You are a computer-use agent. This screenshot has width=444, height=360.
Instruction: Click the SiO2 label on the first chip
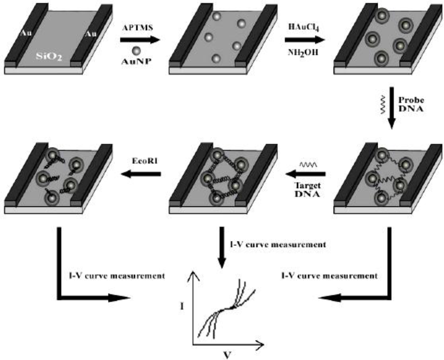point(49,57)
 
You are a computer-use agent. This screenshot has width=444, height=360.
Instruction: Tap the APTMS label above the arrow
point(138,28)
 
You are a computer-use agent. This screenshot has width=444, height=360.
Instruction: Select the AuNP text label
point(136,62)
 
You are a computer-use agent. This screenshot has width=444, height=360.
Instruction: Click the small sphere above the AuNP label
point(136,51)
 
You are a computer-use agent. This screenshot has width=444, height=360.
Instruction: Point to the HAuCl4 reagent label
point(304,27)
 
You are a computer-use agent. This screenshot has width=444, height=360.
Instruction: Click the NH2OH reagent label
point(303,53)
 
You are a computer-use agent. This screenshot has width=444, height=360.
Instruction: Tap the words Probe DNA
point(411,104)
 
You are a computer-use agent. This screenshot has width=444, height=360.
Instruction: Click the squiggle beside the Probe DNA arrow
point(383,105)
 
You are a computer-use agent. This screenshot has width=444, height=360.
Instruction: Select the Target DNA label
point(308,190)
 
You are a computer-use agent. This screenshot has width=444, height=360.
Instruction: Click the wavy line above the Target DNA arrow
point(308,165)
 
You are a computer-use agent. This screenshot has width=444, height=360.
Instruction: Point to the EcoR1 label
point(145,161)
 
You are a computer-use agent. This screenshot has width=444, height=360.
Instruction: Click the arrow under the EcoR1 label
point(141,174)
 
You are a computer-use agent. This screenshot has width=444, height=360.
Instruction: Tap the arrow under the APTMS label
point(140,40)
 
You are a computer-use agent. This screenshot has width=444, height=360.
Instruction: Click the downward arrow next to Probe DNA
point(392,108)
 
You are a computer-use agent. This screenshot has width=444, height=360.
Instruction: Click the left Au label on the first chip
point(26,33)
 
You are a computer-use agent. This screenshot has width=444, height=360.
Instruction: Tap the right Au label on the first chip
point(91,34)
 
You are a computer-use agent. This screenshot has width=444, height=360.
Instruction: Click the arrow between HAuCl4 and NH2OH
point(305,40)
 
